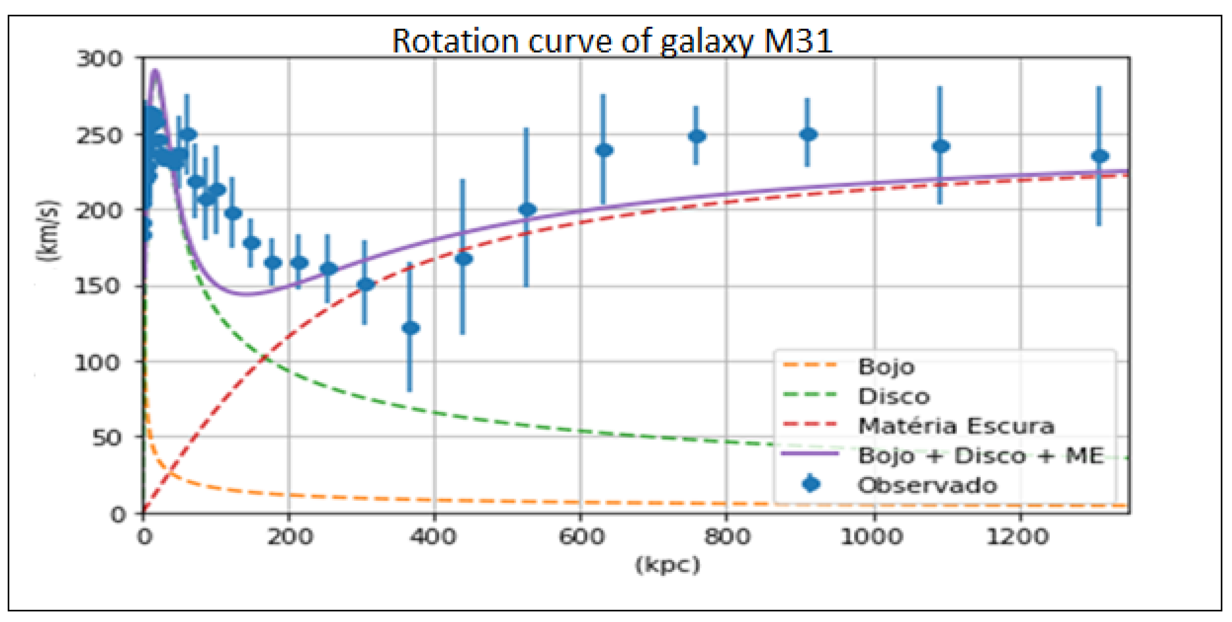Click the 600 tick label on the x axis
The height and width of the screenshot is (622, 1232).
(x=582, y=536)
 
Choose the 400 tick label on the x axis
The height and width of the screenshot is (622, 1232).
(x=434, y=536)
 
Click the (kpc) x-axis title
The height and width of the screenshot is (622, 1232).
(x=668, y=565)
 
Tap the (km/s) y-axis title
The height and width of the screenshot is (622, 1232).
(x=48, y=230)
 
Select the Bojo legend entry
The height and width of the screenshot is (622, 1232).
(x=886, y=367)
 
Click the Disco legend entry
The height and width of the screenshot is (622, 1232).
(x=894, y=396)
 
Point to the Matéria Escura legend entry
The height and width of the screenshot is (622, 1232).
(x=955, y=426)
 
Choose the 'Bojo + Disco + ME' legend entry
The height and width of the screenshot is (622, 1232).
(x=981, y=456)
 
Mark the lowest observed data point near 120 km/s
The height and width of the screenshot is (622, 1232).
(x=410, y=328)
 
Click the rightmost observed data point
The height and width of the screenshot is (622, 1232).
(x=1099, y=156)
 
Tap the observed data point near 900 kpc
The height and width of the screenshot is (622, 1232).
(x=808, y=134)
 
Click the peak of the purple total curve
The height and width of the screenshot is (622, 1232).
(x=154, y=72)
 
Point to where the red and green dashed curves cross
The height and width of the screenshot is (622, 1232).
(x=264, y=358)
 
